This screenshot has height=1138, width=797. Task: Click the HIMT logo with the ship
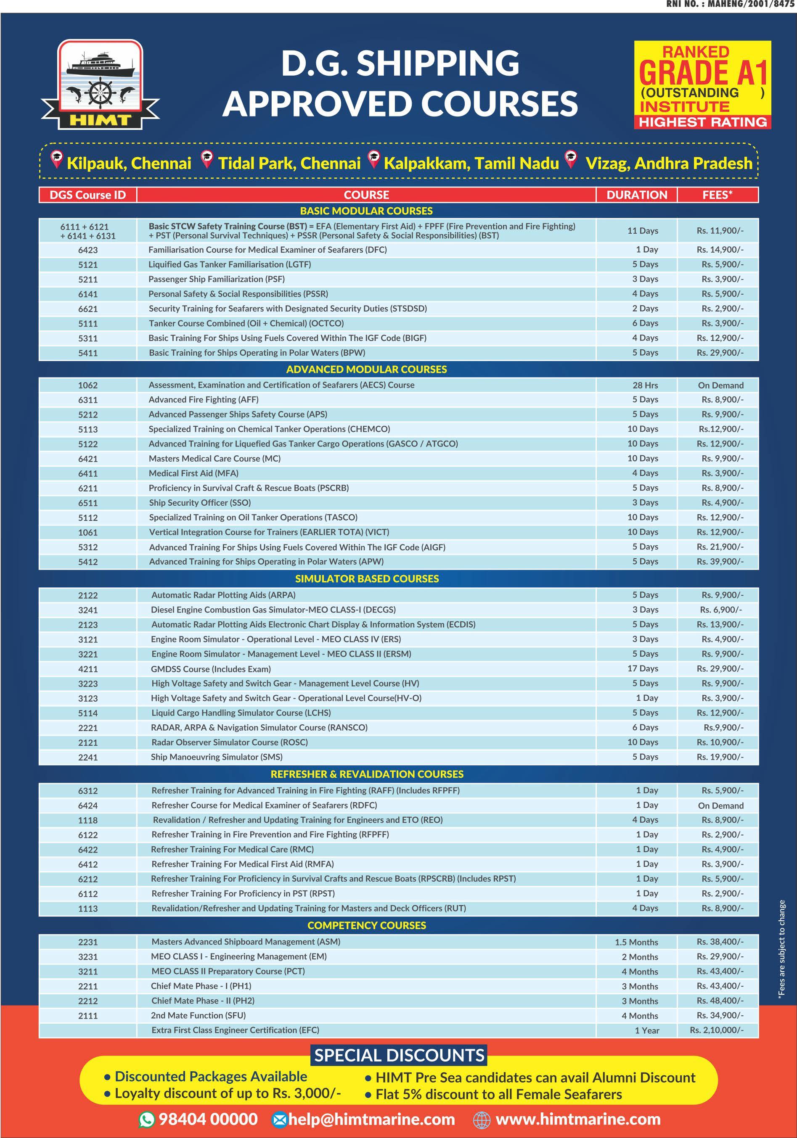[x=100, y=84]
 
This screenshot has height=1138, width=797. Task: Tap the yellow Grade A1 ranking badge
[x=702, y=85]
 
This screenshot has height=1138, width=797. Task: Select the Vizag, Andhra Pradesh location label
[x=669, y=163]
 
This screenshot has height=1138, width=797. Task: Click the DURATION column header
[x=636, y=195]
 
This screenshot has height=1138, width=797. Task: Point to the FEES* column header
[x=717, y=195]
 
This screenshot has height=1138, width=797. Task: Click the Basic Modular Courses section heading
[x=366, y=211]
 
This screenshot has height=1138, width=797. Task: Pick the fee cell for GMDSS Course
[x=720, y=668]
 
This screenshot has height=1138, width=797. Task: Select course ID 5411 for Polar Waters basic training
[x=88, y=353]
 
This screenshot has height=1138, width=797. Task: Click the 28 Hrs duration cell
[x=645, y=385]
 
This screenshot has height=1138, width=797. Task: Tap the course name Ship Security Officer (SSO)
[x=200, y=503]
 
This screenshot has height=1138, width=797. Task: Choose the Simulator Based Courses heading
[x=366, y=578]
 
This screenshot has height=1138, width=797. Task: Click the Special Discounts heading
[x=399, y=1055]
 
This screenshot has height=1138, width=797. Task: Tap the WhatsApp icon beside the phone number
[x=147, y=1119]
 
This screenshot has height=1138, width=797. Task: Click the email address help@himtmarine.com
[x=371, y=1119]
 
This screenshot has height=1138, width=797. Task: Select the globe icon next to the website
[x=482, y=1120]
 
